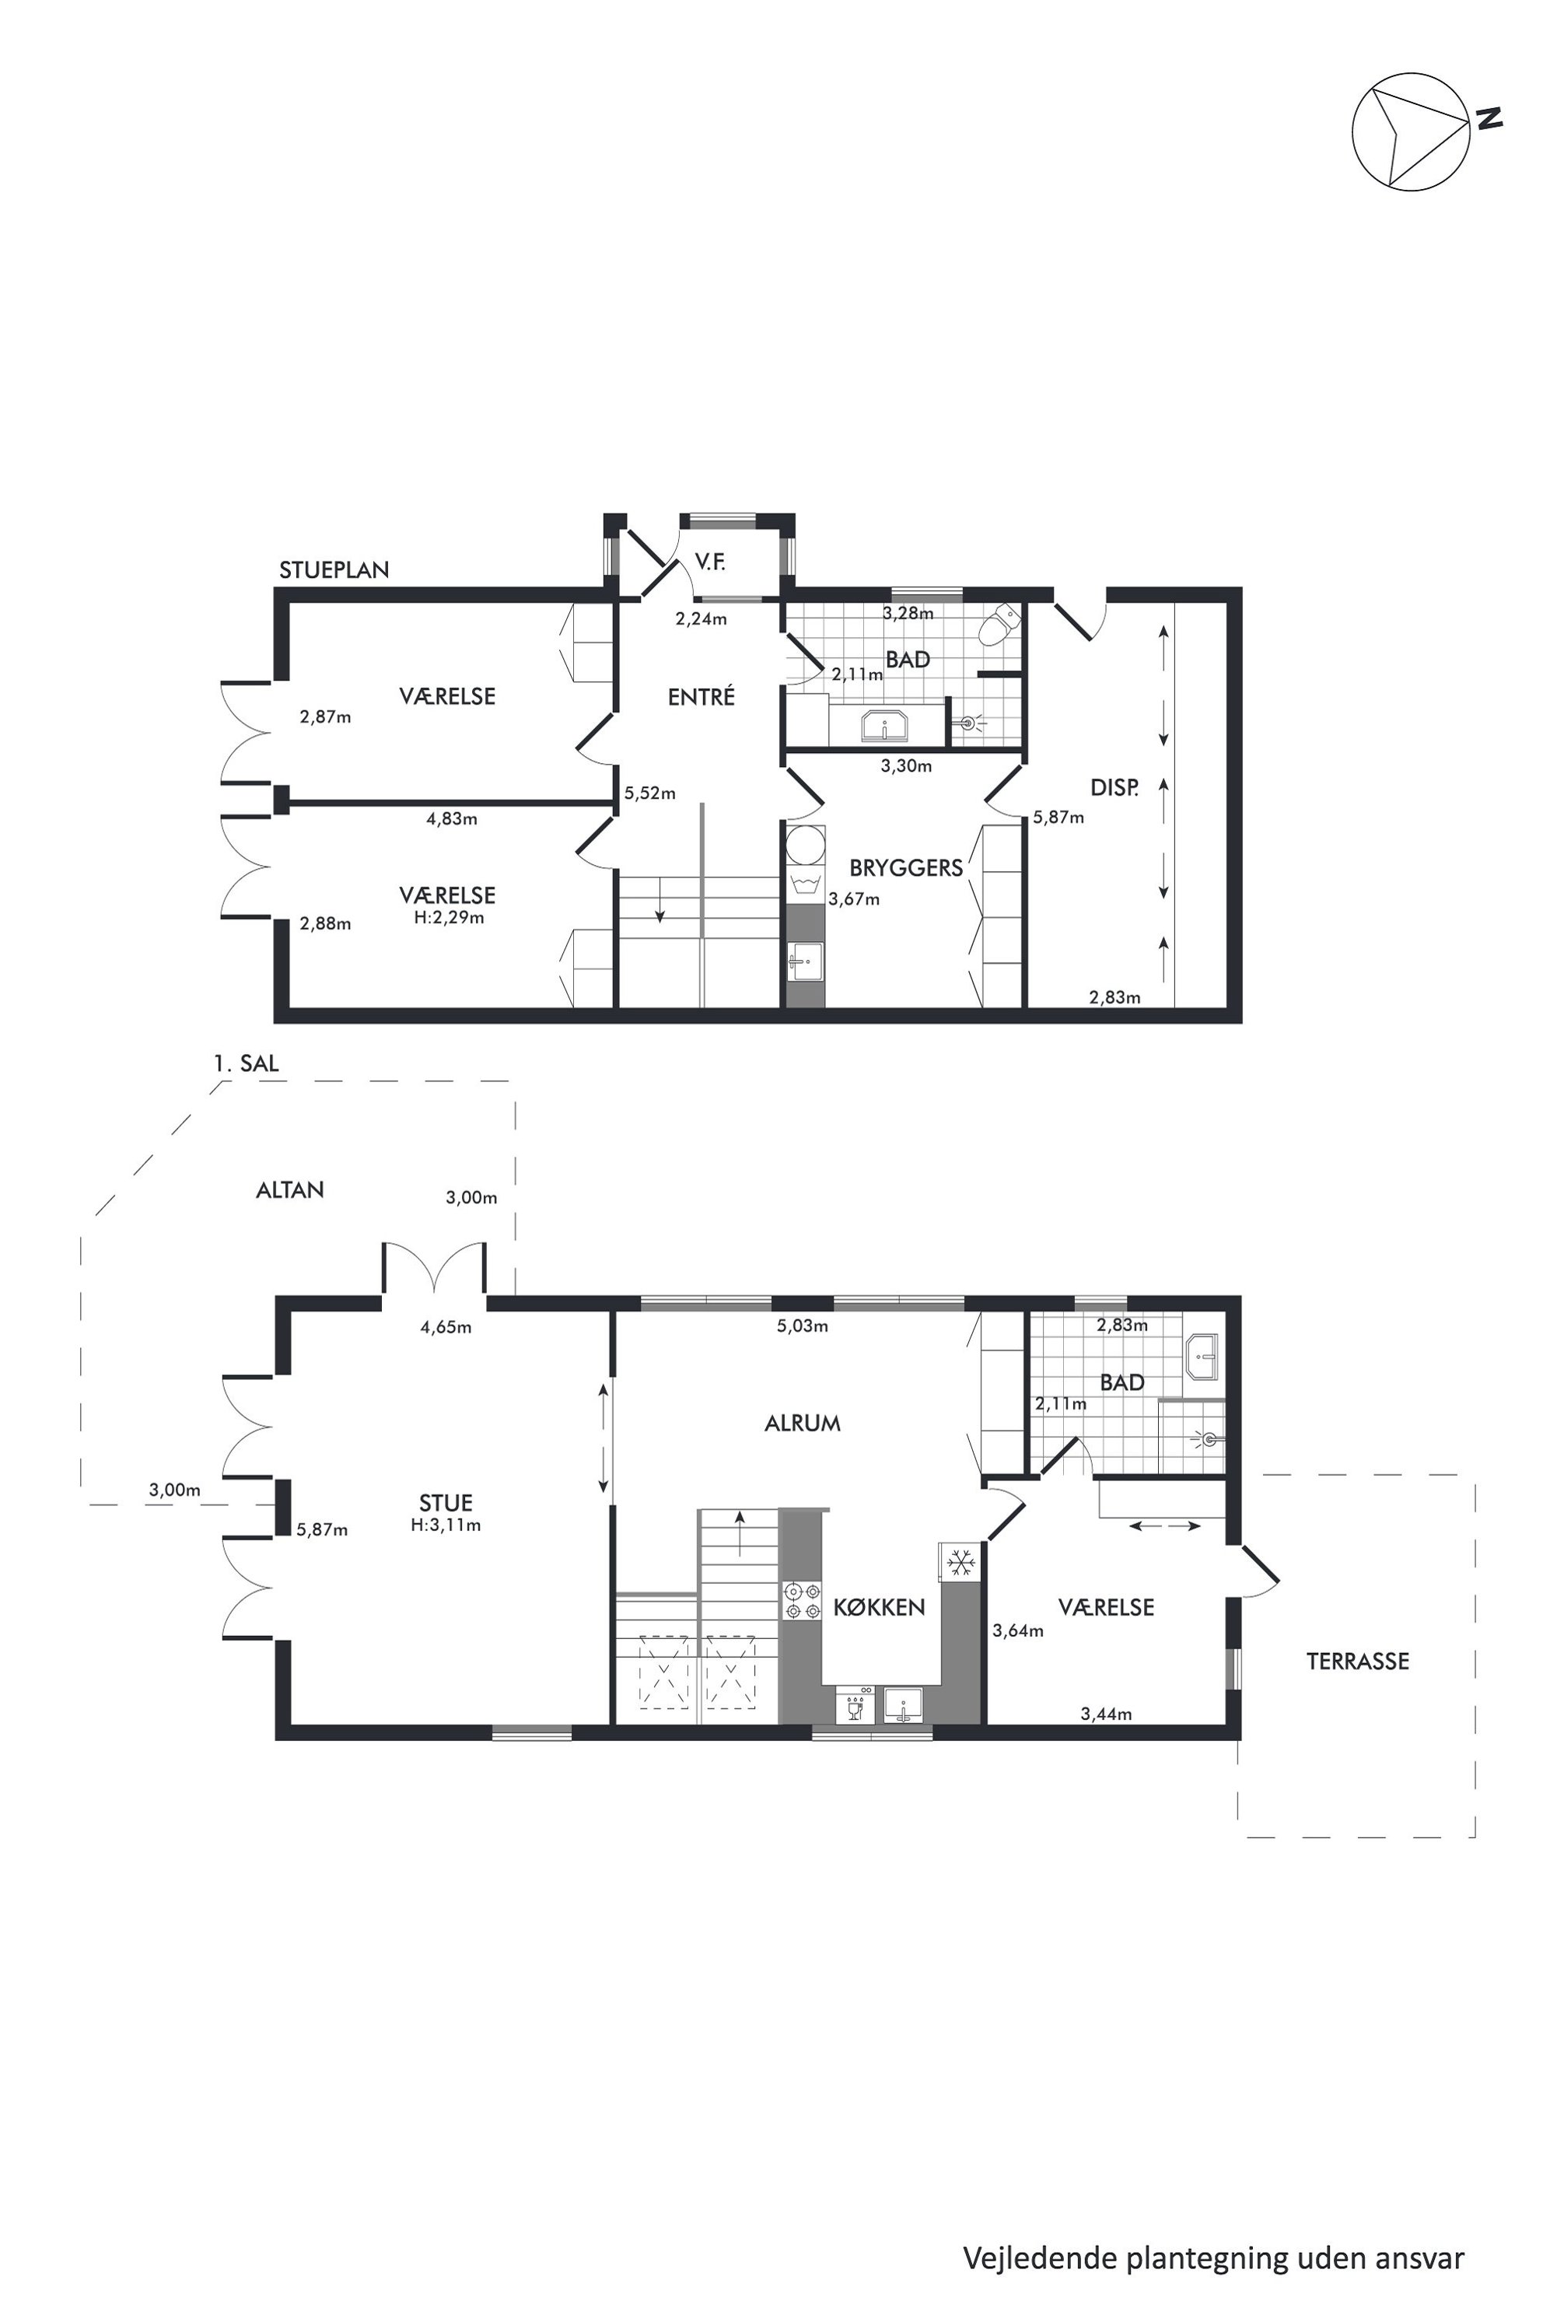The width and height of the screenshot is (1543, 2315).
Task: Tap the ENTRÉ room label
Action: click(701, 697)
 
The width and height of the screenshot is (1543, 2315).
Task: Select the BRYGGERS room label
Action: click(905, 868)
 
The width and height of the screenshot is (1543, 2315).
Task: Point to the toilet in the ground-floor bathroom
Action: click(1004, 624)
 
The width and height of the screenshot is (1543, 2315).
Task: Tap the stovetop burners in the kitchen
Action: click(801, 1599)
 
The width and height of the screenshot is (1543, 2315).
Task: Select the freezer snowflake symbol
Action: click(960, 1561)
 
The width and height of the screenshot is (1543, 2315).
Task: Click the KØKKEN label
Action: click(879, 1607)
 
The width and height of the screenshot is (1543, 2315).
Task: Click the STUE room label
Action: click(446, 1503)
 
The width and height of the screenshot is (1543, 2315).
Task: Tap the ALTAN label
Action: click(289, 1190)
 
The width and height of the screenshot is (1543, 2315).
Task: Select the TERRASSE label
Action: click(1357, 1662)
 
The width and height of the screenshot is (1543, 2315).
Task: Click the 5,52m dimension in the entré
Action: click(649, 793)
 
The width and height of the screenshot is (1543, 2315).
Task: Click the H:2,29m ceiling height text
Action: click(449, 917)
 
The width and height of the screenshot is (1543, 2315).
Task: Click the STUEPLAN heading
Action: click(334, 570)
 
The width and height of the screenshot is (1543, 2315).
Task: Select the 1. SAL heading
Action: click(246, 1063)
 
